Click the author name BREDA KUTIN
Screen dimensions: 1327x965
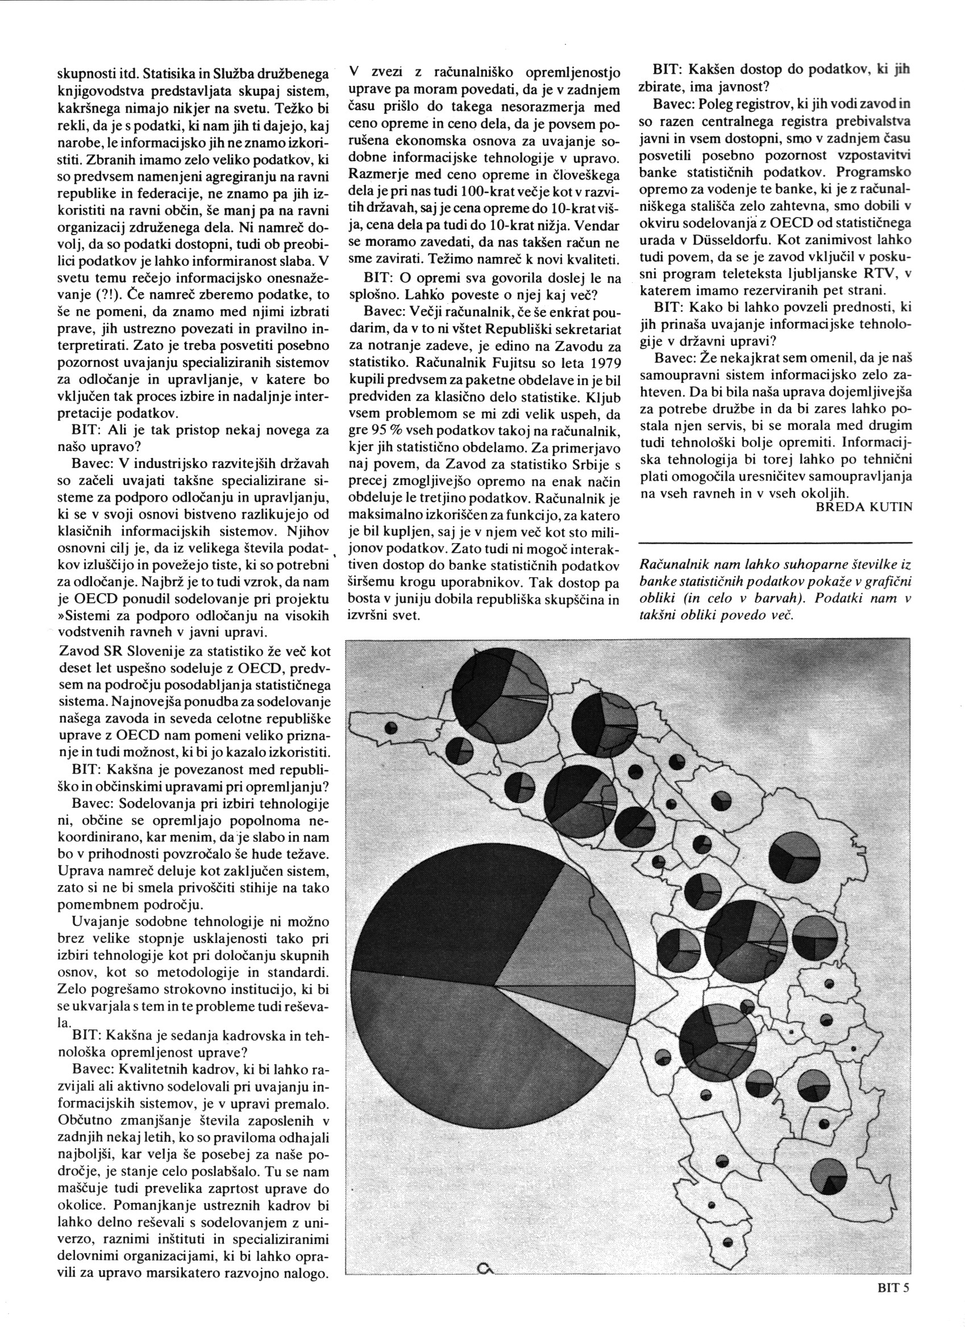(864, 507)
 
